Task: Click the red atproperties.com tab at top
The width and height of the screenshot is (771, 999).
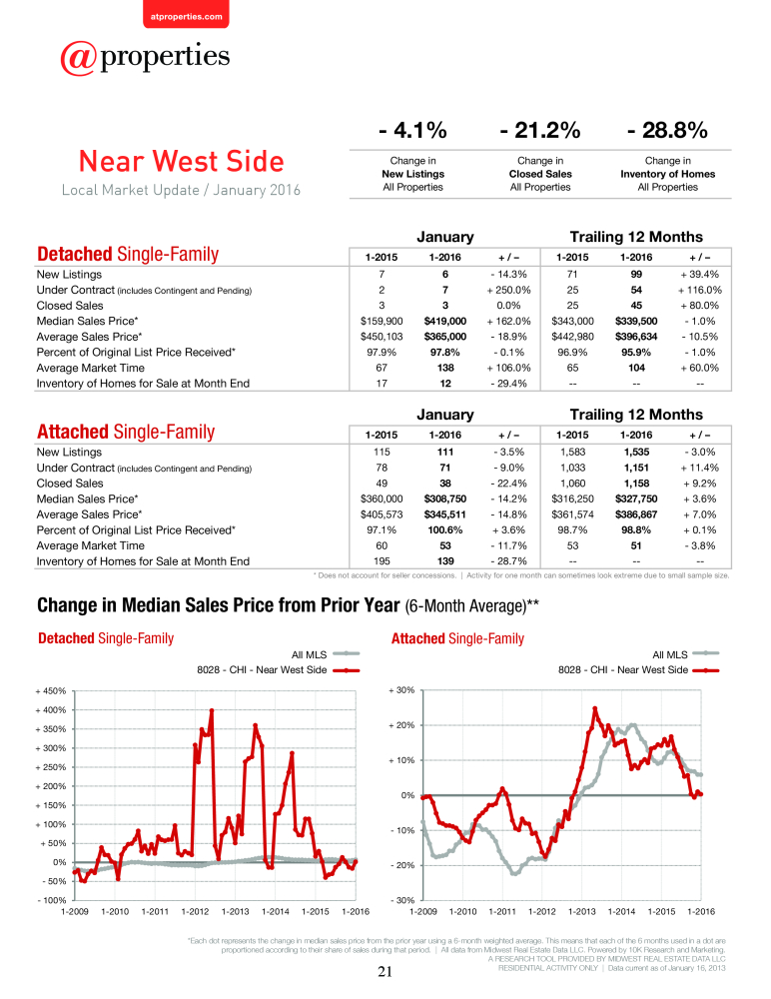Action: point(186,14)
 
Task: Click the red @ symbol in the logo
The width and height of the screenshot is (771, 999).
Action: point(79,58)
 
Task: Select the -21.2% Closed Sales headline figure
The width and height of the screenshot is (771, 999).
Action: point(540,130)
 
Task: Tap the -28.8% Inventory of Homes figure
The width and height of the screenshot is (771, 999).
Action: point(667,130)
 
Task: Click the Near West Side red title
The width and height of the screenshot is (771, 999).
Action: point(182,161)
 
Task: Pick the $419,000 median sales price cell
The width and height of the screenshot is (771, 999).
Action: point(445,321)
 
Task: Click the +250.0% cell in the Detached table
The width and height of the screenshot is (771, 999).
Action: point(508,290)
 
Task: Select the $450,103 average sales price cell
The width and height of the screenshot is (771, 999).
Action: point(382,337)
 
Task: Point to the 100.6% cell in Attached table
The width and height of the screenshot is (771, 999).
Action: point(445,530)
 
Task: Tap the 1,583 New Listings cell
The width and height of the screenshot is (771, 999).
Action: point(573,452)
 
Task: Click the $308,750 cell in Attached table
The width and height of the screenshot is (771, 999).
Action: point(445,499)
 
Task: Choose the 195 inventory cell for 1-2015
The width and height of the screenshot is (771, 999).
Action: point(382,561)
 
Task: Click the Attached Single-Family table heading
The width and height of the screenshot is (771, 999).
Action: point(126,432)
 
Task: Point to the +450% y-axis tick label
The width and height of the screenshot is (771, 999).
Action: point(51,691)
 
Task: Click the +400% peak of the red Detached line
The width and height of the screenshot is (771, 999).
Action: point(212,709)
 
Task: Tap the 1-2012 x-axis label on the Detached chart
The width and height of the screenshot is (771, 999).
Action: point(195,912)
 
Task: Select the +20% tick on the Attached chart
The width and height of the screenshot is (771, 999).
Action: point(402,725)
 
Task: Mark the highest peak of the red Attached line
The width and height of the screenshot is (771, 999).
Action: point(595,708)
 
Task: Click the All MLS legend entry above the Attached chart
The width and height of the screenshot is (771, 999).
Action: point(686,654)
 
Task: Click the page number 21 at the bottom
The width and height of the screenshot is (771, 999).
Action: point(385,972)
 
